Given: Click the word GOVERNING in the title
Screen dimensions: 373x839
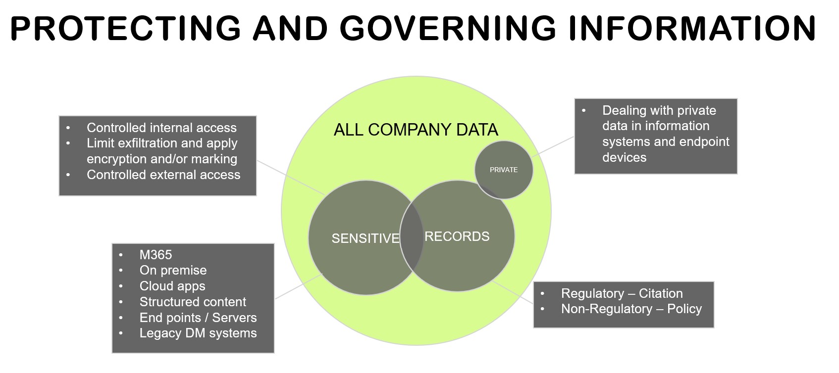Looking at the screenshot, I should coord(448,28).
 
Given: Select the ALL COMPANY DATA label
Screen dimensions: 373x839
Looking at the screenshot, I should coord(416,130).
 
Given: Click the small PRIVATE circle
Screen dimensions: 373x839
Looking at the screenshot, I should coord(504,170).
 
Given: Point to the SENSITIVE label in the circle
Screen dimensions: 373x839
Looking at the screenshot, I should coord(366,238).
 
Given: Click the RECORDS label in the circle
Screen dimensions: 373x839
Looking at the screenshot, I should coord(457,236).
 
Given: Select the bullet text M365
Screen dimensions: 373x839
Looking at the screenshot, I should coord(156,255).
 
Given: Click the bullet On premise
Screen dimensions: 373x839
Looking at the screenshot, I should coord(173,270).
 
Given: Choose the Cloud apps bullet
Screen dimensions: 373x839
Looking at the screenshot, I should coord(172,286).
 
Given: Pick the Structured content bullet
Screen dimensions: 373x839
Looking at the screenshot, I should coord(193,302).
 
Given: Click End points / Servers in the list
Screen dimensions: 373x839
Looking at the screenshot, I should coord(198,318).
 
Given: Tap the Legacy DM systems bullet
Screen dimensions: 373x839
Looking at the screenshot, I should coord(198,333).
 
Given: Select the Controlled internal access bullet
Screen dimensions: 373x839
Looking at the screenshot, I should coord(161,128).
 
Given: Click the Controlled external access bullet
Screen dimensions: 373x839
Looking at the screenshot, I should coord(163,175).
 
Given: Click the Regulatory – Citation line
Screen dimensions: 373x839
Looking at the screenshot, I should coord(622,293).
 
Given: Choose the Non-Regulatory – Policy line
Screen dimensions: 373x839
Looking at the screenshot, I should coord(631,309).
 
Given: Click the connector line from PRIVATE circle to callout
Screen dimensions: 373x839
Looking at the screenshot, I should coord(554,146).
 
